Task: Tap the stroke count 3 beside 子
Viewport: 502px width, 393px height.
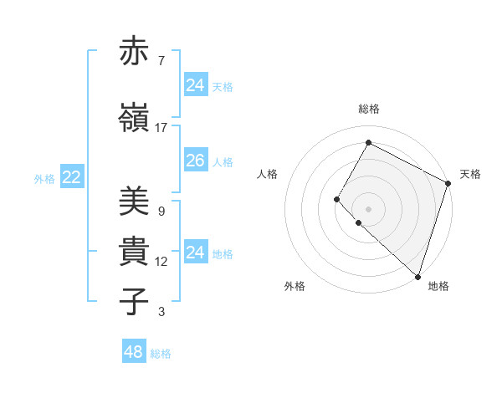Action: point(161,312)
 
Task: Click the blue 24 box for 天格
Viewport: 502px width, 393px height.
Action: point(196,85)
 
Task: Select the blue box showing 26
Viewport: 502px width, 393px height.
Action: point(196,161)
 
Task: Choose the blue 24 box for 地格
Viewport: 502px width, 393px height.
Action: point(196,253)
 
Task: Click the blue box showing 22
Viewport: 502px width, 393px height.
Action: point(72,177)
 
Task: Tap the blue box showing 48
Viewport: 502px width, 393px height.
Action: point(133,352)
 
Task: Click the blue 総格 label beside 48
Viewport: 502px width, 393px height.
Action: point(161,354)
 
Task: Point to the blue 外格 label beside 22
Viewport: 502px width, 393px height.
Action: point(44,178)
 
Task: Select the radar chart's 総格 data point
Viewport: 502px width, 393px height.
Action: point(368,142)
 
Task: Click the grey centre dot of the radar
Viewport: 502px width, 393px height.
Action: point(368,208)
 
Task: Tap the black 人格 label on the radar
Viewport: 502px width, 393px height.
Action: point(268,174)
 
